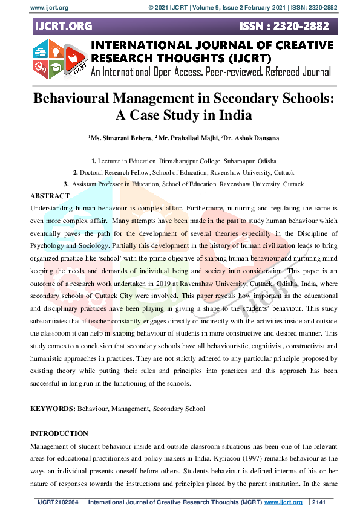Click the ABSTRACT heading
click(x=50, y=196)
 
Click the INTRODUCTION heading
click(x=59, y=433)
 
